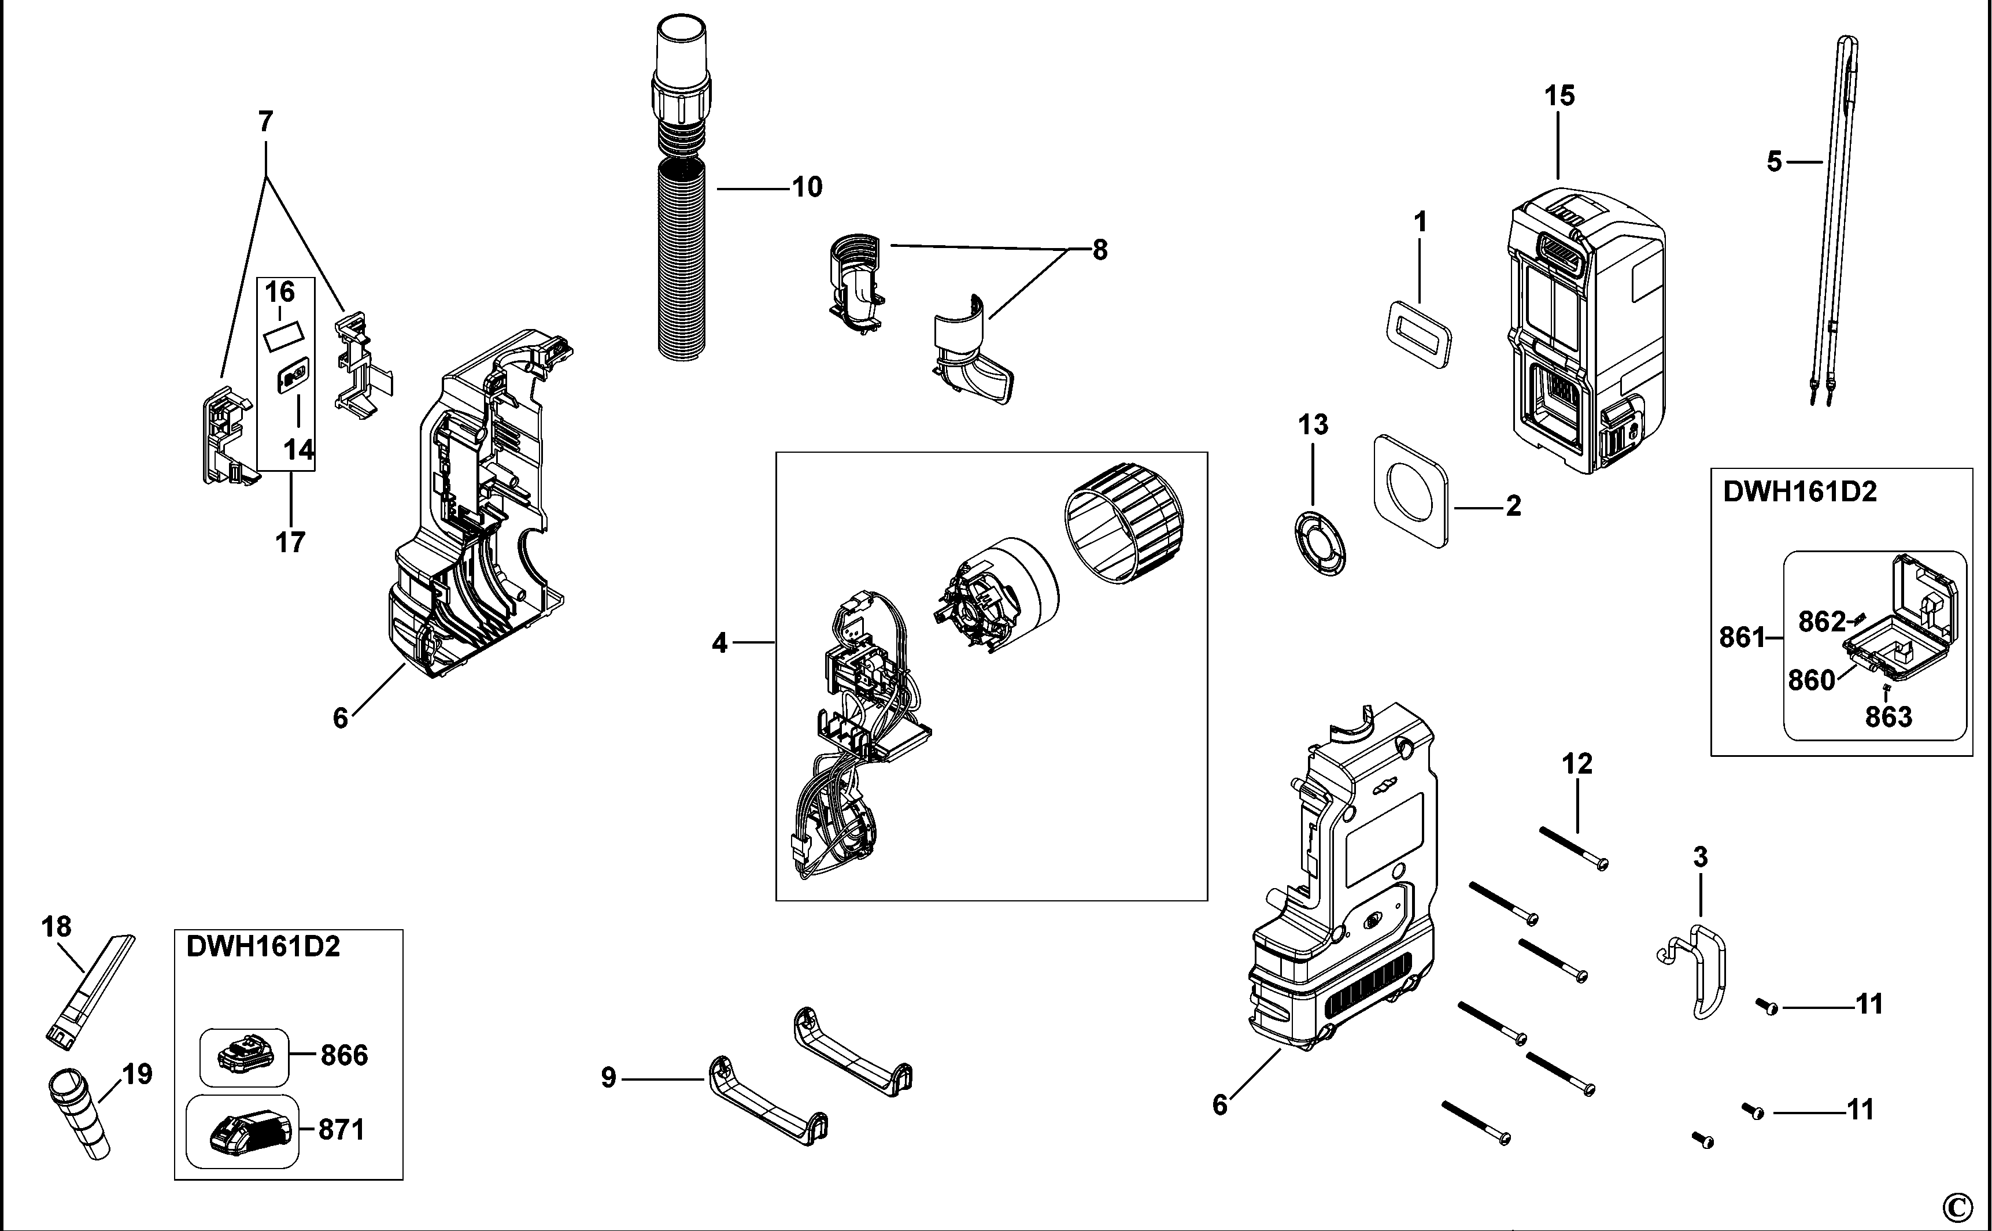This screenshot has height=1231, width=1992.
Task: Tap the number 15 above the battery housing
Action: pyautogui.click(x=1559, y=96)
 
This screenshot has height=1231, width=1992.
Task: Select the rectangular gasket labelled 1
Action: pyautogui.click(x=1417, y=334)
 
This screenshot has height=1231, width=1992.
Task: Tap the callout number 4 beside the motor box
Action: pyautogui.click(x=719, y=643)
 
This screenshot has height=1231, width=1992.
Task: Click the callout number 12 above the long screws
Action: pyautogui.click(x=1577, y=764)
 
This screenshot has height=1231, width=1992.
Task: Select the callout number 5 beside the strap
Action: pyautogui.click(x=1774, y=162)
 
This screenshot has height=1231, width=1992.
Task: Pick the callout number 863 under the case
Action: pyautogui.click(x=1888, y=718)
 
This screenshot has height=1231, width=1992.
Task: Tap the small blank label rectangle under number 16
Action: pyautogui.click(x=282, y=335)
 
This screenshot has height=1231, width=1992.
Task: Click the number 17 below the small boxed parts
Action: pyautogui.click(x=290, y=541)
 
